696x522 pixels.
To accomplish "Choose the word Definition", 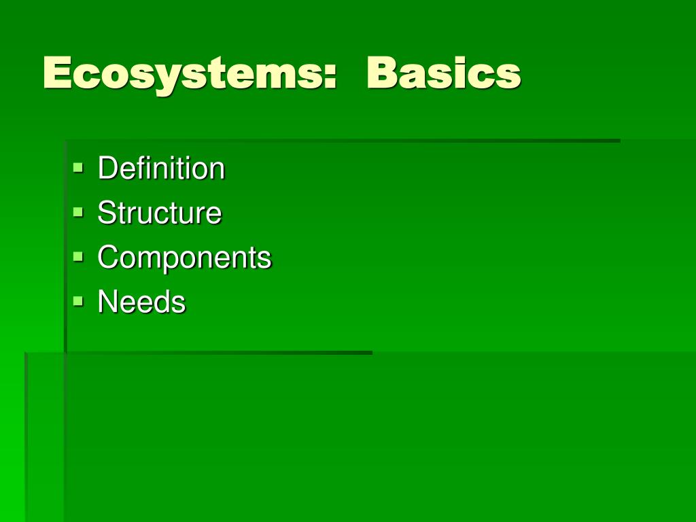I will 161,169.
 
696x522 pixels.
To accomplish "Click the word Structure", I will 160,213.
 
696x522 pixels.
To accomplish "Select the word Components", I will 184,258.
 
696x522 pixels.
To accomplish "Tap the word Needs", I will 141,302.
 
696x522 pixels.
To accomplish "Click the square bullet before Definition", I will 78,166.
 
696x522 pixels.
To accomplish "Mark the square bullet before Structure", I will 78,211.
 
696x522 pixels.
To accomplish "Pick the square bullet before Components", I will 78,256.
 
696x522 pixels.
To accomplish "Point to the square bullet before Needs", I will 78,300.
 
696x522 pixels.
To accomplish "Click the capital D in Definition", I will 107,169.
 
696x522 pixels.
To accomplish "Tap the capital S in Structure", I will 105,213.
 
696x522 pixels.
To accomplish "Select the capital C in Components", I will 107,258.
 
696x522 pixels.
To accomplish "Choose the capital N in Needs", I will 107,302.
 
